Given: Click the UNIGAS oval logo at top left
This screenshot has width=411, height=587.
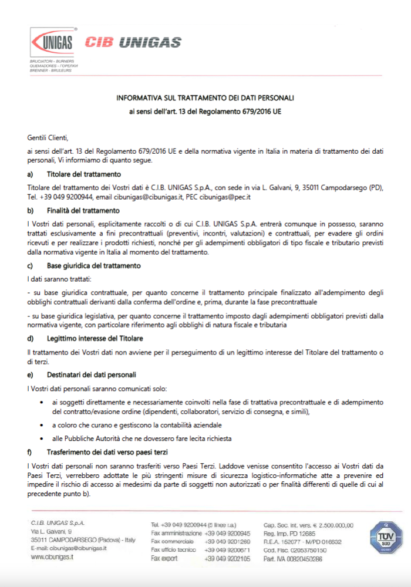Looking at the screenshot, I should coord(53,42).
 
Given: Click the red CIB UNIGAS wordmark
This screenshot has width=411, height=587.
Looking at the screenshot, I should coord(133,42).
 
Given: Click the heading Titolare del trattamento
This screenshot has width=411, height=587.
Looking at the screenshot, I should coord(84,174).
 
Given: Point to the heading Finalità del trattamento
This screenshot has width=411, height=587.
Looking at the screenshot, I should coord(83,210).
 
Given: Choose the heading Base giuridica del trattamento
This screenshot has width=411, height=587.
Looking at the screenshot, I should coord(93,265).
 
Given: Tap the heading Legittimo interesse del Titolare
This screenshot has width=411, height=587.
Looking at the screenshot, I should coord(95,339).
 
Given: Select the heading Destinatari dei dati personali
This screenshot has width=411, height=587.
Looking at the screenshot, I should coord(92,375).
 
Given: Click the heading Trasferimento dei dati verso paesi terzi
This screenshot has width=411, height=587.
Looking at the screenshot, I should coord(107,452).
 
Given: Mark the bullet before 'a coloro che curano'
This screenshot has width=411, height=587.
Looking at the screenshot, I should coord(41,424).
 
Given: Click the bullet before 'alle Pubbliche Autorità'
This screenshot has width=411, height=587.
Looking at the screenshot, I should coord(41,438).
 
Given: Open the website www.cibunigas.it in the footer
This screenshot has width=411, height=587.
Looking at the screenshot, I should coord(52,556).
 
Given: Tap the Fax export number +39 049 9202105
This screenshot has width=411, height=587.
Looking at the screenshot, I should coord(227,559).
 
